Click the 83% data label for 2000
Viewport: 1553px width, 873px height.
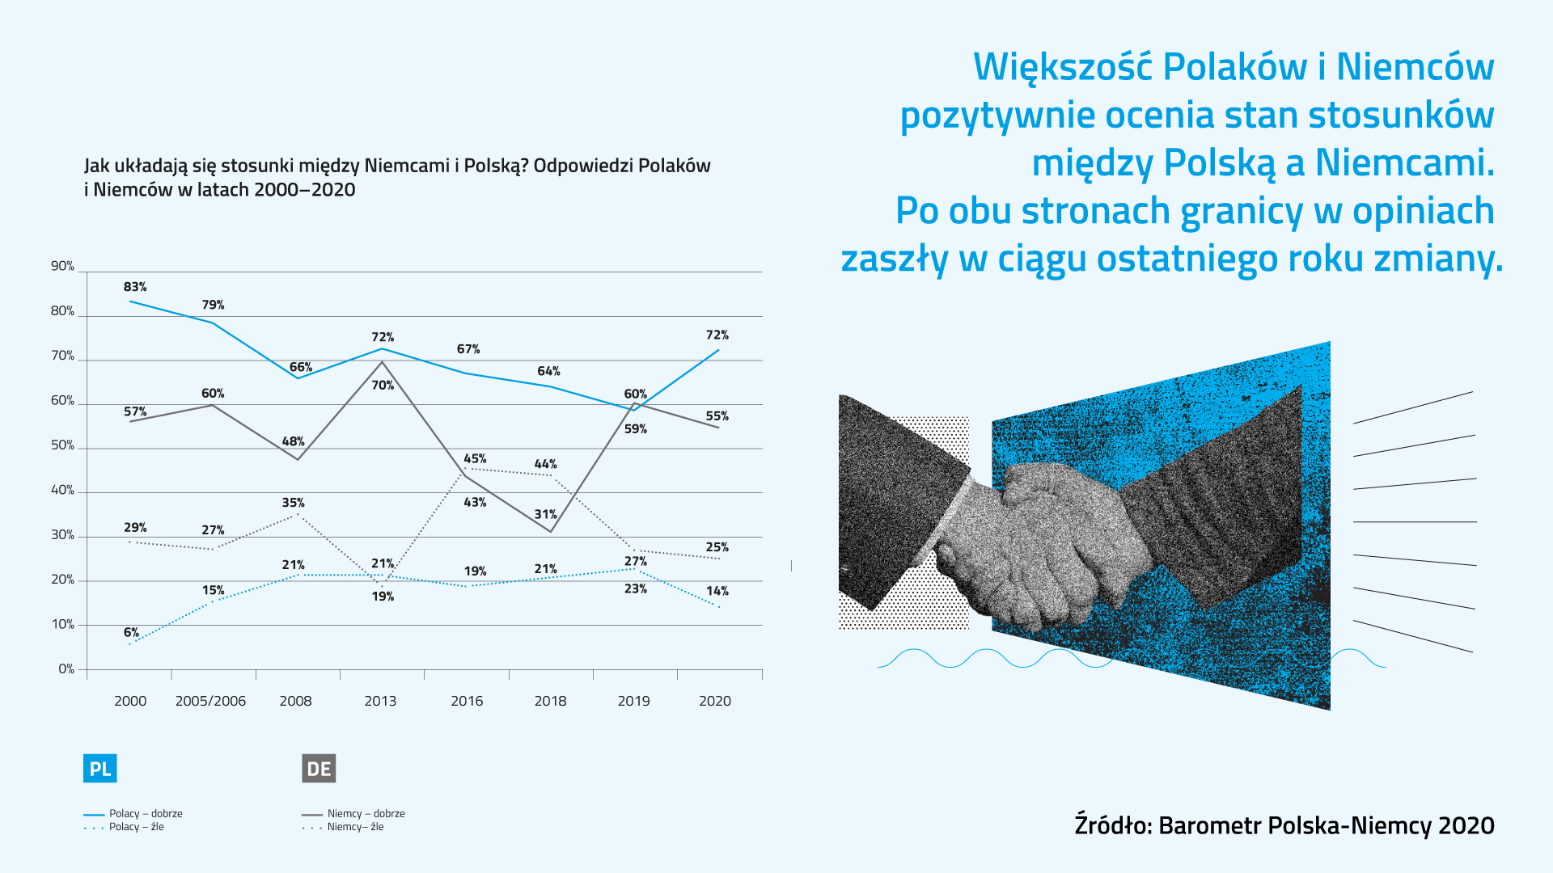pyautogui.click(x=135, y=287)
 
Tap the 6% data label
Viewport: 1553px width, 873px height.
pyautogui.click(x=131, y=632)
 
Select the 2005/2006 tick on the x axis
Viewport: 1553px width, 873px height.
pyautogui.click(x=210, y=701)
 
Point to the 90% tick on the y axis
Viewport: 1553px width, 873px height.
pyautogui.click(x=62, y=266)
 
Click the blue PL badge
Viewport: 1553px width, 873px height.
pyautogui.click(x=100, y=768)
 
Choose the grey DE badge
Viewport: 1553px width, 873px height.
pyautogui.click(x=319, y=768)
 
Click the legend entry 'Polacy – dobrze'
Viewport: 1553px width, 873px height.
pyautogui.click(x=146, y=813)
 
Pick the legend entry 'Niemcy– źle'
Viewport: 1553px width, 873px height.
pyautogui.click(x=355, y=827)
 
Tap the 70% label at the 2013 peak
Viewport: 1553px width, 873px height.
pyautogui.click(x=383, y=386)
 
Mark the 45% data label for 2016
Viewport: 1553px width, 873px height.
pyautogui.click(x=475, y=459)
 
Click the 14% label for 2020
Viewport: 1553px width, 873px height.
pyautogui.click(x=717, y=591)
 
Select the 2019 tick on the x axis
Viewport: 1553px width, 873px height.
pyautogui.click(x=633, y=701)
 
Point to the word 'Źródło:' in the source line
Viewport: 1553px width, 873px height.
pyautogui.click(x=1113, y=825)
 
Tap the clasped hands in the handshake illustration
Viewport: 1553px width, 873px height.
pyautogui.click(x=1043, y=533)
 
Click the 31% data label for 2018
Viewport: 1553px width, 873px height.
pyautogui.click(x=545, y=514)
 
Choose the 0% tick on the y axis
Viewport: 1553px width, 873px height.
pyautogui.click(x=66, y=668)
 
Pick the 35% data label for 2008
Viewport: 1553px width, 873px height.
pyautogui.click(x=293, y=503)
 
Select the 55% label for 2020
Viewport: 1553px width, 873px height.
pyautogui.click(x=717, y=416)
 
